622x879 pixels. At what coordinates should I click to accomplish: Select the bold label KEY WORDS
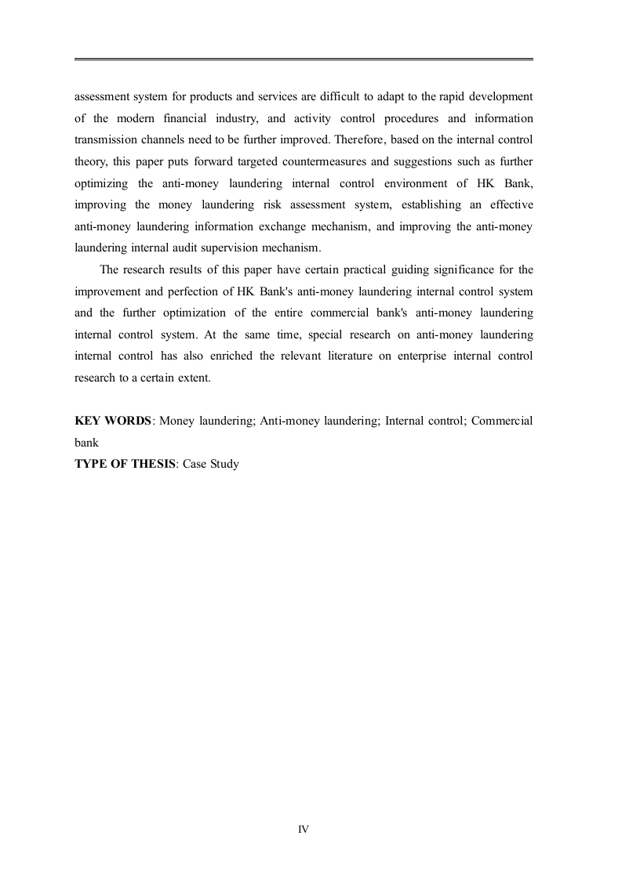click(112, 421)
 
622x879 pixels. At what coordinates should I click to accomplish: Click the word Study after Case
click(224, 464)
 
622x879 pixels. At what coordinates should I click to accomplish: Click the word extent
click(195, 378)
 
